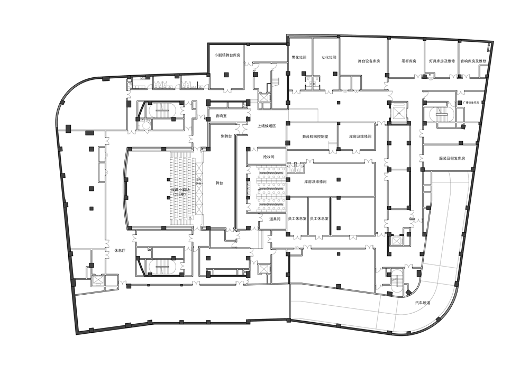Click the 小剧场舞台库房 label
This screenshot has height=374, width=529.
(x=227, y=55)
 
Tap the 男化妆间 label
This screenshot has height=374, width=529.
(x=299, y=58)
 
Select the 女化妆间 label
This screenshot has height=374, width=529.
(x=329, y=58)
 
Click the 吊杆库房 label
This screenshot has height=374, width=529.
(x=409, y=61)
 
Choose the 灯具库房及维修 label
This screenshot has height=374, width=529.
(x=442, y=61)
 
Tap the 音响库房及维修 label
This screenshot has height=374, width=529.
(x=473, y=61)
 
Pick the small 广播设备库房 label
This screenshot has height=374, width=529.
(x=471, y=102)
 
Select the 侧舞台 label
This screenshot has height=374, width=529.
(x=226, y=136)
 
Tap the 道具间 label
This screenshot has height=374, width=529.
(x=274, y=218)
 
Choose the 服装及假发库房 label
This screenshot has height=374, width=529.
(x=451, y=158)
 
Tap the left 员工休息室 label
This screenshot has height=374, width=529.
(x=296, y=218)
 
